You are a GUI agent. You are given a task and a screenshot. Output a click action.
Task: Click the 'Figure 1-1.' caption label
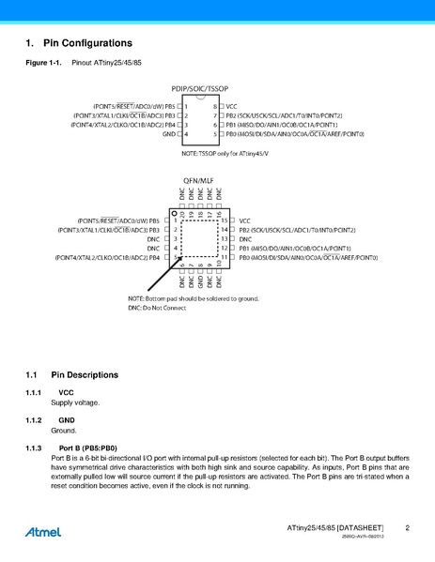click(43, 64)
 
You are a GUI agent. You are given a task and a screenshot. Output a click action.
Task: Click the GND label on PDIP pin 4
click(169, 134)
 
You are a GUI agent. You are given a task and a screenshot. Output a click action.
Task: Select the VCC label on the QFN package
click(245, 220)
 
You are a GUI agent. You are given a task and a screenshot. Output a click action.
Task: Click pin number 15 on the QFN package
click(225, 220)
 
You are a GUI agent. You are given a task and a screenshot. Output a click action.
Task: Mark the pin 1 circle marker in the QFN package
click(175, 214)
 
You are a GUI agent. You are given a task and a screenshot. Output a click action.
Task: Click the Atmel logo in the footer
click(43, 532)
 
